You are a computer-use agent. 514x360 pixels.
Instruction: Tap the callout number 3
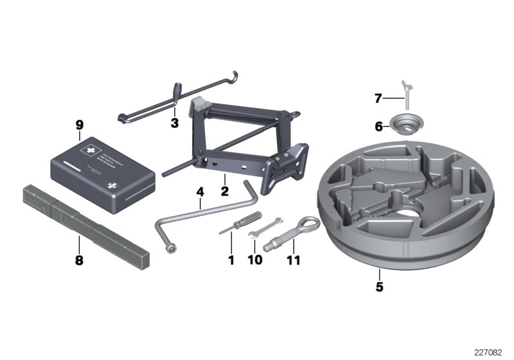174,123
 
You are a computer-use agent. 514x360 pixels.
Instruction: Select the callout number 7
378,98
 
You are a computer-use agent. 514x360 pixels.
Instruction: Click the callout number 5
379,287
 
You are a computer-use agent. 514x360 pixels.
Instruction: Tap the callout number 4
200,192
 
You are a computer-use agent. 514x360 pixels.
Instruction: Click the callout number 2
224,191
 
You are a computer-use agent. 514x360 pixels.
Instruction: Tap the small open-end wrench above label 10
264,227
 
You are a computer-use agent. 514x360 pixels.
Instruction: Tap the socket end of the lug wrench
171,246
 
